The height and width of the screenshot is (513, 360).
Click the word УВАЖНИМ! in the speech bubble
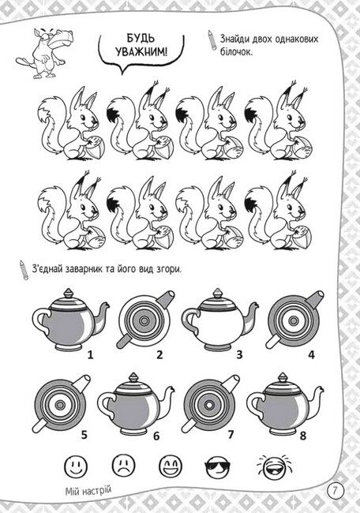pos(141,51)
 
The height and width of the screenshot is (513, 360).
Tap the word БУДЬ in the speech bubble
pos(141,38)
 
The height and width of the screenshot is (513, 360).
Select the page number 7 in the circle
pos(335,491)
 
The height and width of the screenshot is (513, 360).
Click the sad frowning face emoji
pos(123,465)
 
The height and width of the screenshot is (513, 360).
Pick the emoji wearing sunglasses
pos(218,465)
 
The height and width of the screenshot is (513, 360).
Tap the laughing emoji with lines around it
pos(274,466)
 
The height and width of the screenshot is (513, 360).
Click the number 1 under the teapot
pos(90,354)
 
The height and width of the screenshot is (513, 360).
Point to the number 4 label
pos(311,354)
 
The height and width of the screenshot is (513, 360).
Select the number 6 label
pos(156,436)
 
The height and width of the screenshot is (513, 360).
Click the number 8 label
pos(302,436)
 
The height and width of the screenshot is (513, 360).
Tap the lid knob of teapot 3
pos(218,293)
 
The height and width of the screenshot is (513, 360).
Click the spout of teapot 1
pos(102,316)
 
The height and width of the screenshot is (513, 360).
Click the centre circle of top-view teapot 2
pos(144,321)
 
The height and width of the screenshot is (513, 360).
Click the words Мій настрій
pos(88,491)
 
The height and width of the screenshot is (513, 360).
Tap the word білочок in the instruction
pos(236,52)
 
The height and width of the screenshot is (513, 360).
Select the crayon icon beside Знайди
pos(212,40)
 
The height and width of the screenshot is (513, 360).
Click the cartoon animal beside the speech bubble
pos(45,52)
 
